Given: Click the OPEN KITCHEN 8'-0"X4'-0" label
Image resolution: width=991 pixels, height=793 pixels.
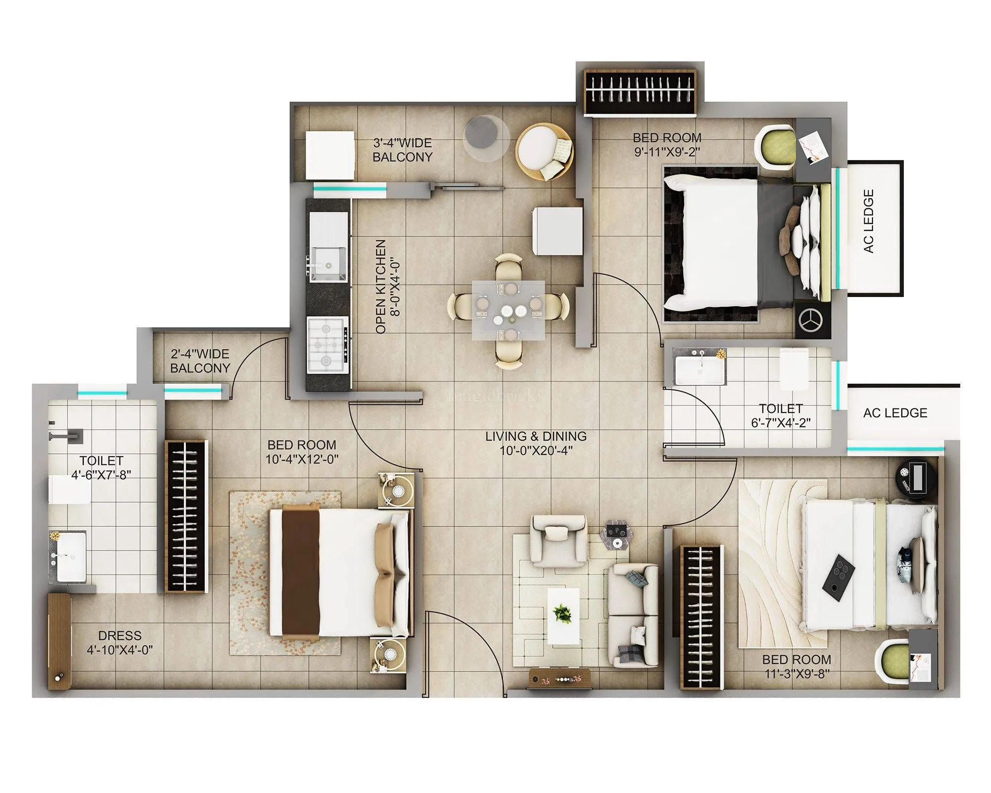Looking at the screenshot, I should pyautogui.click(x=387, y=286).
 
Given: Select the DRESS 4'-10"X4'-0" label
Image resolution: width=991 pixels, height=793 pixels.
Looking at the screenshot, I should pyautogui.click(x=120, y=642).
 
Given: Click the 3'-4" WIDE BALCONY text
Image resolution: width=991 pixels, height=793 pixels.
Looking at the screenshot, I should pyautogui.click(x=402, y=150).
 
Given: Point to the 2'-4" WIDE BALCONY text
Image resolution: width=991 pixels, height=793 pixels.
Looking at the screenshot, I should pyautogui.click(x=200, y=361).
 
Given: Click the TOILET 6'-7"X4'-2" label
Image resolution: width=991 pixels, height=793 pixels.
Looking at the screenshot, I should pyautogui.click(x=780, y=415).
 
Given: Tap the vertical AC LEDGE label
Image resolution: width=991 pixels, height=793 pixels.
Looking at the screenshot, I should pyautogui.click(x=869, y=221).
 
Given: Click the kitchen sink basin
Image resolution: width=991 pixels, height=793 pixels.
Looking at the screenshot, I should pyautogui.click(x=328, y=263).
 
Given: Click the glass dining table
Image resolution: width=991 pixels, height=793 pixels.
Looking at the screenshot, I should pyautogui.click(x=508, y=310).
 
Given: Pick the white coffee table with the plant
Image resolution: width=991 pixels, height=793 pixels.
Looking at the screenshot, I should pyautogui.click(x=563, y=616).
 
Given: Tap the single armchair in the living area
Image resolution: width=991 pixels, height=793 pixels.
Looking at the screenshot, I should pyautogui.click(x=558, y=540).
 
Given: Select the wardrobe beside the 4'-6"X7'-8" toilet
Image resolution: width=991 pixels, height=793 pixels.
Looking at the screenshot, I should pyautogui.click(x=185, y=515).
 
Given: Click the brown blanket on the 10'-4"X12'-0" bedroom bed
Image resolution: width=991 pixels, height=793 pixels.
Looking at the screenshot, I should pyautogui.click(x=301, y=571).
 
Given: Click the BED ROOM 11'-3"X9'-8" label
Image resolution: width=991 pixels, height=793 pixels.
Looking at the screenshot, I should pyautogui.click(x=796, y=666).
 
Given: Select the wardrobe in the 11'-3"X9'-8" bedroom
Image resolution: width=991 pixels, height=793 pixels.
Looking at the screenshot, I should pyautogui.click(x=701, y=617).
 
